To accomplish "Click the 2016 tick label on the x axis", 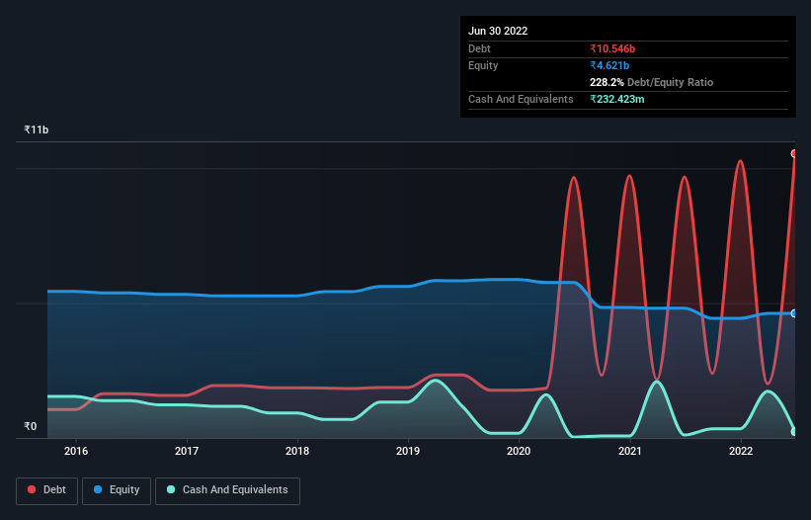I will coord(76,452).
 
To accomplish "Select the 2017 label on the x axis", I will coord(187,452).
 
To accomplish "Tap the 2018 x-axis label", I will coord(297,452).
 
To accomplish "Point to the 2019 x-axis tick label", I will coord(408,452).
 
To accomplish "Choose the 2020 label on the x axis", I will coord(520,452).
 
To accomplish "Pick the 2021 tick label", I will coord(630,452).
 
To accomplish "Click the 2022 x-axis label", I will coord(741,452).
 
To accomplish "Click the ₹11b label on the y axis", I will coord(37,130).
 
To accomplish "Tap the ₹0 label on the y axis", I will coord(31,427).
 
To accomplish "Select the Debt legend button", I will coord(46,489).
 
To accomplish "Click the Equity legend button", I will coord(117,489).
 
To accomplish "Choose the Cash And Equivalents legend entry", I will coord(227,489).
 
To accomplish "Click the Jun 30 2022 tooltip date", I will coord(498,31).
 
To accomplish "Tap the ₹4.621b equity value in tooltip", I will coord(609,65).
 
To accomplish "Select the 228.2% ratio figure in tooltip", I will coord(608,82).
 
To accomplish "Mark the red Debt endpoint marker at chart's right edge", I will coord(794,153).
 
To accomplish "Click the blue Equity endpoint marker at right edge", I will coord(794,313).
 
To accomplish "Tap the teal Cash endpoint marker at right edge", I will coord(794,432).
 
